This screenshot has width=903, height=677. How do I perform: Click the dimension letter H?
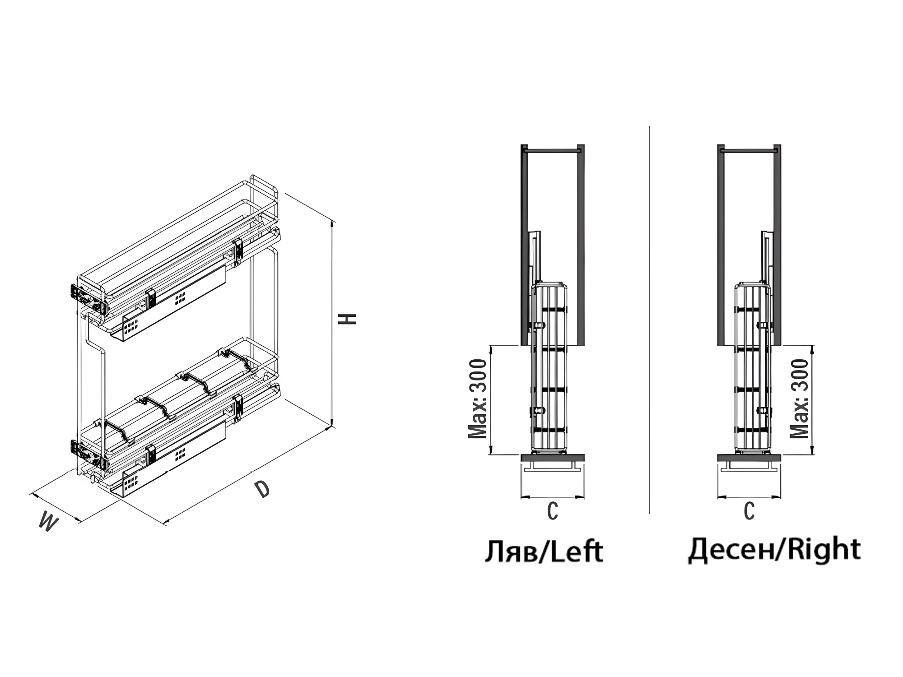point(348,319)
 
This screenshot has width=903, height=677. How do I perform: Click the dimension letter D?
point(262,489)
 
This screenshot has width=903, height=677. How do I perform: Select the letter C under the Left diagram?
point(553,511)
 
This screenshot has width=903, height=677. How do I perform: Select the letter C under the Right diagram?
point(749,511)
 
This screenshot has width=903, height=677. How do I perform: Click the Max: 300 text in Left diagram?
point(478,399)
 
